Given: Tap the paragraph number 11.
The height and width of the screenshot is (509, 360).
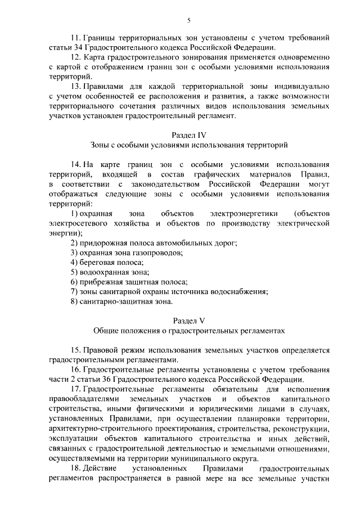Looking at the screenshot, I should click(x=74, y=38).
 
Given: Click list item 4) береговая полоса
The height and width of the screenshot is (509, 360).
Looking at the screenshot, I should click(x=107, y=263).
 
